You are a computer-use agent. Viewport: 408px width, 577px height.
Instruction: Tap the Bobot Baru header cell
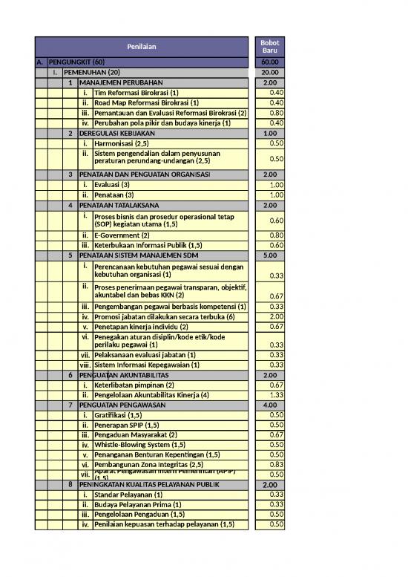coord(270,47)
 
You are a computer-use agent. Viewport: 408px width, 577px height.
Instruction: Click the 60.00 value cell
coord(270,62)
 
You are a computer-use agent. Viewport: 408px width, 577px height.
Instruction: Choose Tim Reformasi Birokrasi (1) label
coord(142,93)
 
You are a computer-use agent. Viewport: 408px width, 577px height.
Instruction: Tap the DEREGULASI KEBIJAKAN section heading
coord(113,133)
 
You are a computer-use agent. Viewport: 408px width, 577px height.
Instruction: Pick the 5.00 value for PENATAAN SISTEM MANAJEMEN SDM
coord(270,255)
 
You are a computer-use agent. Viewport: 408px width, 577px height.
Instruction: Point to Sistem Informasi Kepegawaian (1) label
coord(147,365)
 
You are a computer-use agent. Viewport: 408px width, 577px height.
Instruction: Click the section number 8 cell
coord(70,484)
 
